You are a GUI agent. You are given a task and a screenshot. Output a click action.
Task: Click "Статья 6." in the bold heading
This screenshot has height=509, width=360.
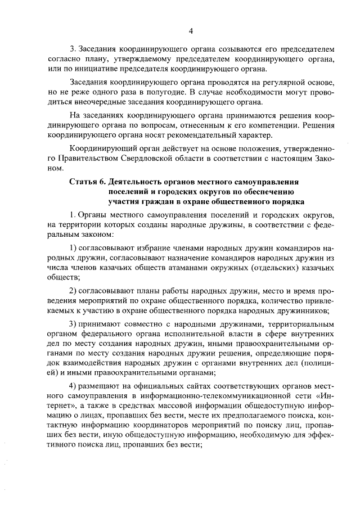pos(88,182)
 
